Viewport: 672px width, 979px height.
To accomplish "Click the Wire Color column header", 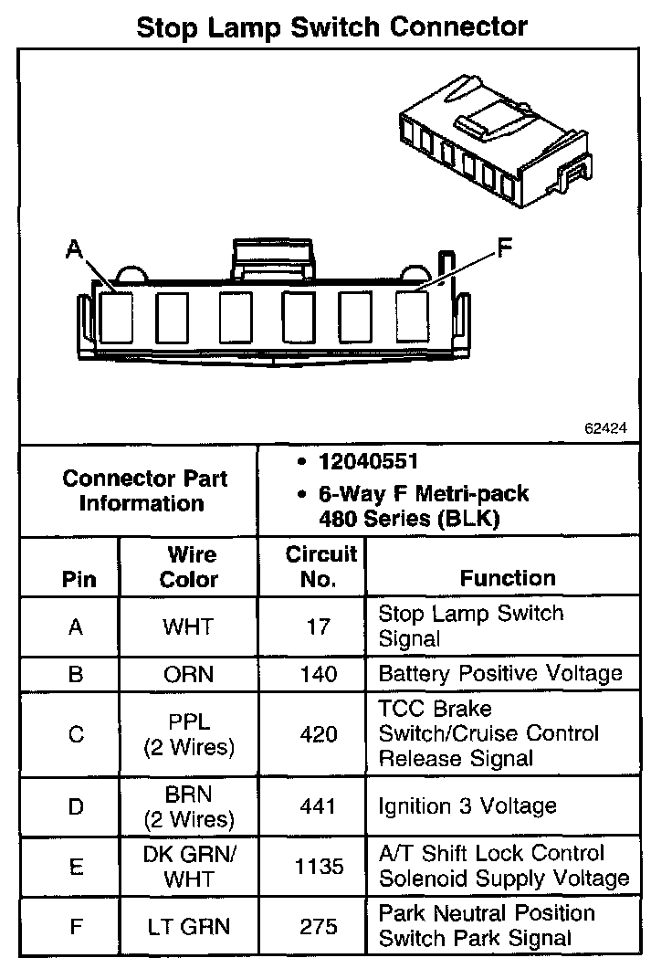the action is click(189, 567).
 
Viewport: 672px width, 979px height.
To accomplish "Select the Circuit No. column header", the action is click(311, 567).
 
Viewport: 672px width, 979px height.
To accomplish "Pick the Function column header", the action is click(507, 578).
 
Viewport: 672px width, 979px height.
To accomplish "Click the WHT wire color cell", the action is click(188, 627).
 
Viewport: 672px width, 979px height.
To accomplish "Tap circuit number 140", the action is click(317, 676).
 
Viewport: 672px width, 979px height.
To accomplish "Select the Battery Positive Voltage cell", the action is click(499, 674).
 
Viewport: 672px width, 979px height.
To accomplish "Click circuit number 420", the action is click(317, 734).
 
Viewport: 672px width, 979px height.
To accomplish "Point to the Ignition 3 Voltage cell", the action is click(467, 806).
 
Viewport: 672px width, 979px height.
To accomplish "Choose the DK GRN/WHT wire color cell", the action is click(188, 866).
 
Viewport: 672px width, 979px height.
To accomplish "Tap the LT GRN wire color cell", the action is click(188, 927).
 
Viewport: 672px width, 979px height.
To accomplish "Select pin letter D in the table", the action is click(76, 806).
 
